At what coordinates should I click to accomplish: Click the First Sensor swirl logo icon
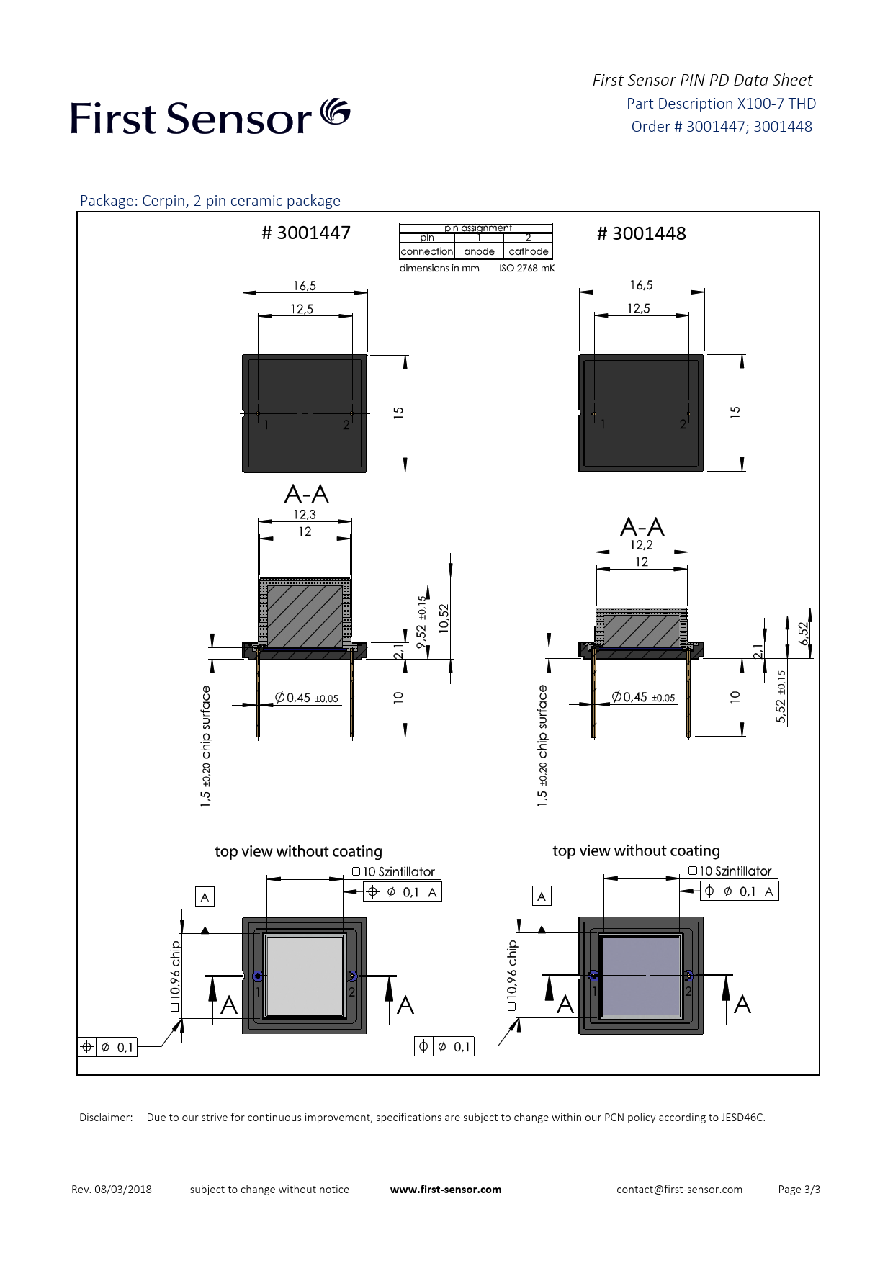click(335, 112)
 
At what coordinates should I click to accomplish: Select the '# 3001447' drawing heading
click(306, 233)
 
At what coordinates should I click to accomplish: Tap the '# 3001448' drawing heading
click(642, 233)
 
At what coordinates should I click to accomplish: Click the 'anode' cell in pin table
click(479, 251)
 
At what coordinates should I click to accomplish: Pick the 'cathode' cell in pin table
click(529, 251)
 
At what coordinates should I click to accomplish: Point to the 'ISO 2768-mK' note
click(527, 268)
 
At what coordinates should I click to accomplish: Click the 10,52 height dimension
click(444, 618)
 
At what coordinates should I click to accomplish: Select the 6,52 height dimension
click(804, 633)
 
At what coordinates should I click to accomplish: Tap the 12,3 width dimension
click(305, 514)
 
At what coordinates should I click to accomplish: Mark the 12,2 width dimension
click(641, 545)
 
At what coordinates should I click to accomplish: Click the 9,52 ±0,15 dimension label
click(422, 622)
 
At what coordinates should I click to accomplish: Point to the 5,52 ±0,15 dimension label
click(781, 696)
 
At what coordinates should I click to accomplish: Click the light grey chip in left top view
click(305, 976)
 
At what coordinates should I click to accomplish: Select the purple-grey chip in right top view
click(641, 976)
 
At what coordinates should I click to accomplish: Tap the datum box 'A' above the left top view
click(205, 896)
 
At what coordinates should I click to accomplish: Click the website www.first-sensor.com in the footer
click(446, 1190)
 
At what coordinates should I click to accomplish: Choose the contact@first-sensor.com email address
click(679, 1190)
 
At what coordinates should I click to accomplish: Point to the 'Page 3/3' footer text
click(799, 1190)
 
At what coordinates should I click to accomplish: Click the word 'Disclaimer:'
click(106, 1118)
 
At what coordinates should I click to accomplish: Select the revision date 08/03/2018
click(123, 1190)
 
